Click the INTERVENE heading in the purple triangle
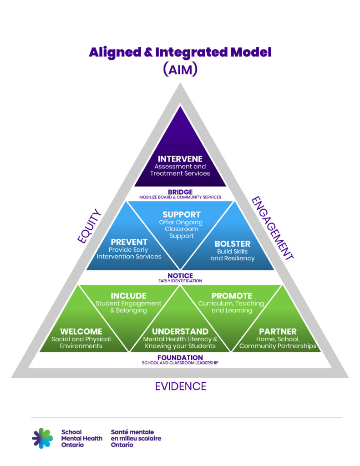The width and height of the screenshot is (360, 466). coord(180,159)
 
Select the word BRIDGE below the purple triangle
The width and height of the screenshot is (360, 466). coord(180,192)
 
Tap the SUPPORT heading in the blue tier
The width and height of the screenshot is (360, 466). coord(182,214)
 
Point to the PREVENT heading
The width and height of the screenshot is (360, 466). coord(129,242)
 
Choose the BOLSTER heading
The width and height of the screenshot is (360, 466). coord(233,243)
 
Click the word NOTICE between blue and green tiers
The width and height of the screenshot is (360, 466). coord(180,276)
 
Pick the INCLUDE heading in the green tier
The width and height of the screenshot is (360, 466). coord(128,296)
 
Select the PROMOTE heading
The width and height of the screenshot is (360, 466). coord(232,296)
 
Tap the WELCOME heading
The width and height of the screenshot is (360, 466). coord(81,331)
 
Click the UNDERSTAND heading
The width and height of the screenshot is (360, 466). coord(180,331)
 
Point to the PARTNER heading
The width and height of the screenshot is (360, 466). coord(278,331)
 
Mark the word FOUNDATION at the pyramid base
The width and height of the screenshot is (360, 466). coord(180,358)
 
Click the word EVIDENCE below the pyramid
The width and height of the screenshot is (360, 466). coord(180,386)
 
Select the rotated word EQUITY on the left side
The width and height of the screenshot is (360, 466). coord(90,226)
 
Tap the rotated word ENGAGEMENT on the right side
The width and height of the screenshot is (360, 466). coord(273,228)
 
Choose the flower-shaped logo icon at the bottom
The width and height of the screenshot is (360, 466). coord(42,438)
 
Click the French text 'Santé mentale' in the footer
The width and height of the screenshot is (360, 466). coord(132,432)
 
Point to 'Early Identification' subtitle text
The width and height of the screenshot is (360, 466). coord(180,281)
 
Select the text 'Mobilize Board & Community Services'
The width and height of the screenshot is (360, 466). coord(180,198)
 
